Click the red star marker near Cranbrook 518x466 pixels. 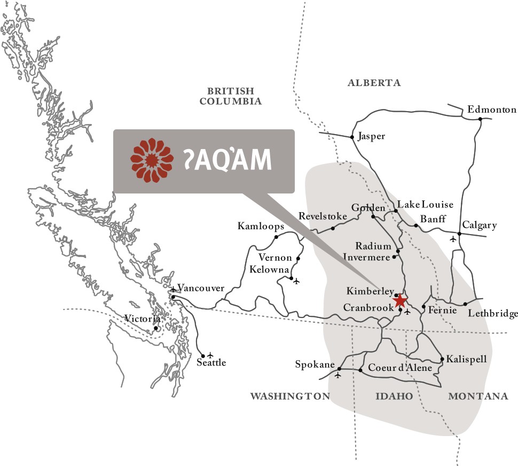[400, 301]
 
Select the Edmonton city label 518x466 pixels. [492, 110]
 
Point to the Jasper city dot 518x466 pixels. [352, 137]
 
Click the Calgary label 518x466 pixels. [480, 225]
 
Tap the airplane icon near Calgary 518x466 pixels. [454, 238]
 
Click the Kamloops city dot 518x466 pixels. [276, 237]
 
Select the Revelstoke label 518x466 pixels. [323, 216]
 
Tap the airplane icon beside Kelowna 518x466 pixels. [297, 280]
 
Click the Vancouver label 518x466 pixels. [201, 288]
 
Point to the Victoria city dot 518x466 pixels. [155, 328]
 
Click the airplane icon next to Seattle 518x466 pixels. [210, 355]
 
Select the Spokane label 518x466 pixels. [315, 365]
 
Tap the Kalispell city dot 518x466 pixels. [442, 359]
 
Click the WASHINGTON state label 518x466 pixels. [291, 396]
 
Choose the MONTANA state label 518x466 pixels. [478, 396]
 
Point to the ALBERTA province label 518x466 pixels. [374, 83]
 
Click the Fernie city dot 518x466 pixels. [423, 307]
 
